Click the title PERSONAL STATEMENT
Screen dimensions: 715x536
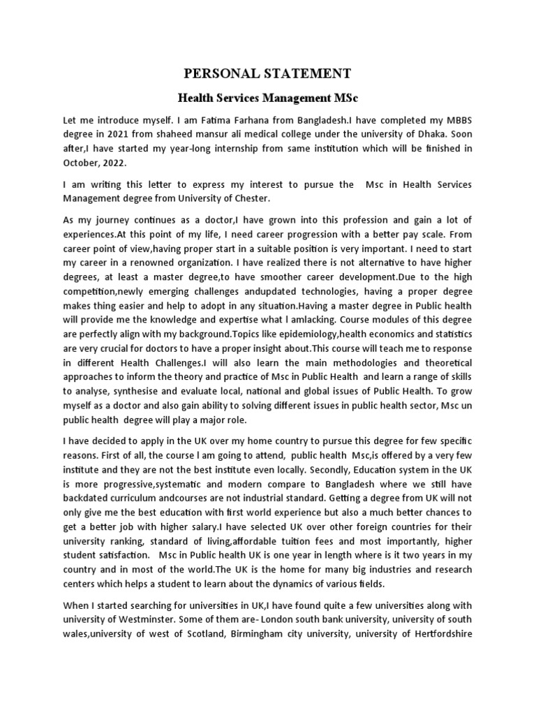[x=268, y=73]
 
